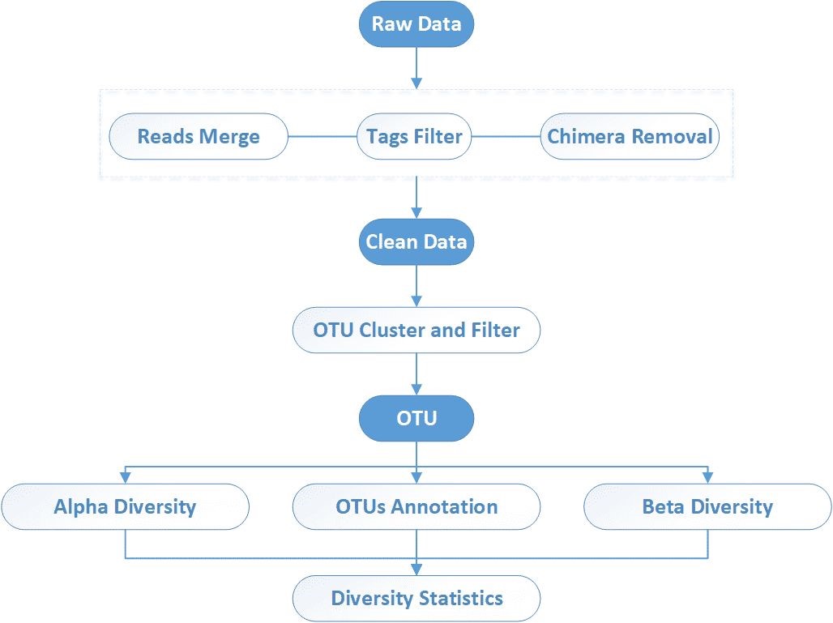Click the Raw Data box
pos(416,23)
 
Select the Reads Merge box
pos(199,135)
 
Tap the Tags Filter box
pos(415,135)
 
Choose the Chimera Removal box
pos(630,135)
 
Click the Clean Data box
pos(416,241)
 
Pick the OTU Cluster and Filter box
pos(416,330)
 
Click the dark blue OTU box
pos(416,418)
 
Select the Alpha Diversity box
pos(125,507)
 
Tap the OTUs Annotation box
pos(416,507)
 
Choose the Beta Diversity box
pos(707,507)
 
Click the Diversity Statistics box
pos(416,599)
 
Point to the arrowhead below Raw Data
pos(416,83)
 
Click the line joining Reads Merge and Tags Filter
pos(323,136)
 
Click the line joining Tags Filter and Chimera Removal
pos(506,136)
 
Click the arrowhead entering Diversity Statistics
pos(416,570)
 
